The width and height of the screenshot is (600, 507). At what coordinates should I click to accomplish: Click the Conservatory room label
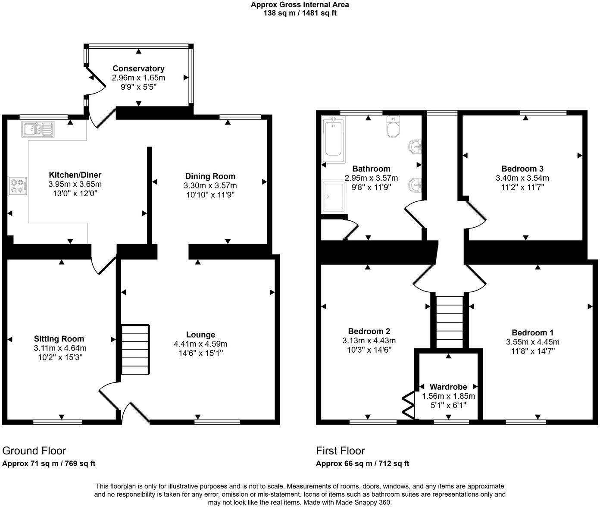(x=138, y=69)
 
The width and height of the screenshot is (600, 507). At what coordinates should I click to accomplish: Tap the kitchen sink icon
(x=37, y=129)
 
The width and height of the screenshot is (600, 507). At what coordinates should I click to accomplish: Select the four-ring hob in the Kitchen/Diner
(x=18, y=186)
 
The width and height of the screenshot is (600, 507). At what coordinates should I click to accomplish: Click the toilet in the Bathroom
(x=394, y=127)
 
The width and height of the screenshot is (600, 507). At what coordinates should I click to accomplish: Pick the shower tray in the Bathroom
(x=334, y=196)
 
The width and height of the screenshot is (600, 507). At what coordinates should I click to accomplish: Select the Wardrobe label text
(x=448, y=387)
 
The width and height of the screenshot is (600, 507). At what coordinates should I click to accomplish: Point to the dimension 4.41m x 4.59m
(x=200, y=344)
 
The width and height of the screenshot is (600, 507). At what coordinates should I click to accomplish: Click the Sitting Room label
(x=59, y=339)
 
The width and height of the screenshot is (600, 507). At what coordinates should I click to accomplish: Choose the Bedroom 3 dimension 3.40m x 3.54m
(x=522, y=178)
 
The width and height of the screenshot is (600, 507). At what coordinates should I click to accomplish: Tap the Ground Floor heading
(x=34, y=451)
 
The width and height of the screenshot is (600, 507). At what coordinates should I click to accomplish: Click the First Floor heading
(x=341, y=451)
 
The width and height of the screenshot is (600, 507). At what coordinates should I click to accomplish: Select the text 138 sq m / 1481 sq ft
(x=300, y=13)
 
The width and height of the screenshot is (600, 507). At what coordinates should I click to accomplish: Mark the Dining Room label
(x=210, y=176)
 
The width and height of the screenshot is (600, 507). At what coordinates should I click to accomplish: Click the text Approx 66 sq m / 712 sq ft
(x=362, y=464)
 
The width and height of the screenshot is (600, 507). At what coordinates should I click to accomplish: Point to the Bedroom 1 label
(x=533, y=332)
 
